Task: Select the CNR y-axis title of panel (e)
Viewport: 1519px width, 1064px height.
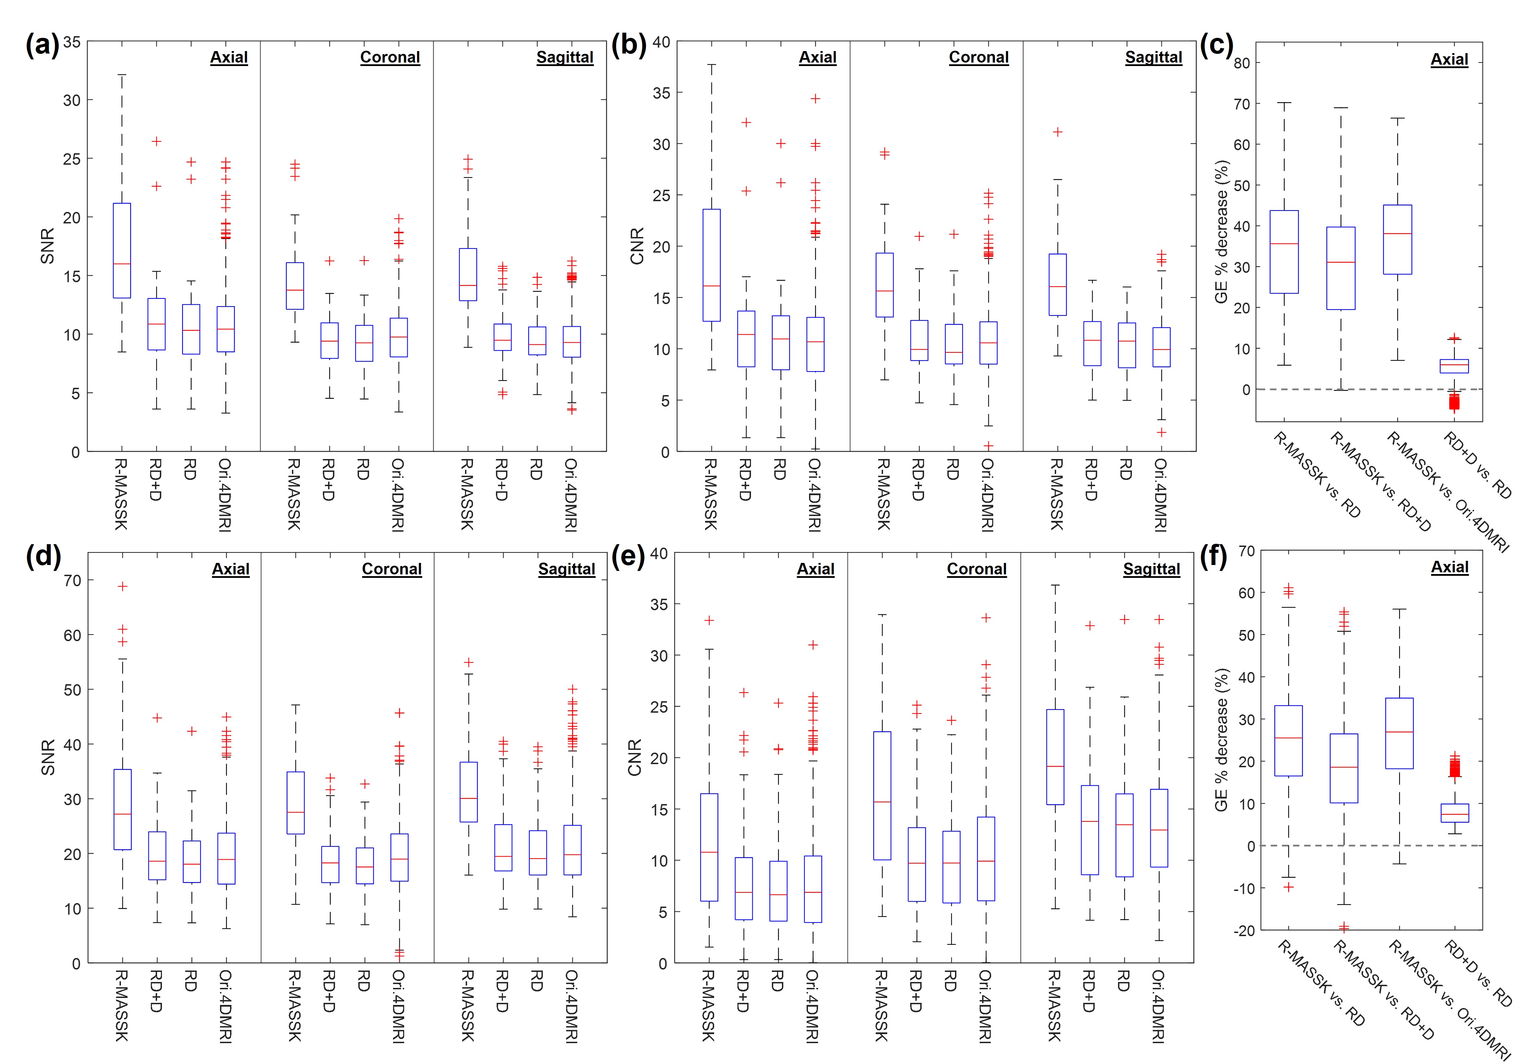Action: click(635, 758)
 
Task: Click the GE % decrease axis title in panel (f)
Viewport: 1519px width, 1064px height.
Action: click(1221, 740)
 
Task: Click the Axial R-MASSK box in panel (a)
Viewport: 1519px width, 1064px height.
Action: click(122, 250)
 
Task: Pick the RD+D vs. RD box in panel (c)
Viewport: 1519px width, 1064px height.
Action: click(1454, 366)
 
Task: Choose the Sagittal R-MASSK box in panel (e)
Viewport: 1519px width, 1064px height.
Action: click(1055, 757)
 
